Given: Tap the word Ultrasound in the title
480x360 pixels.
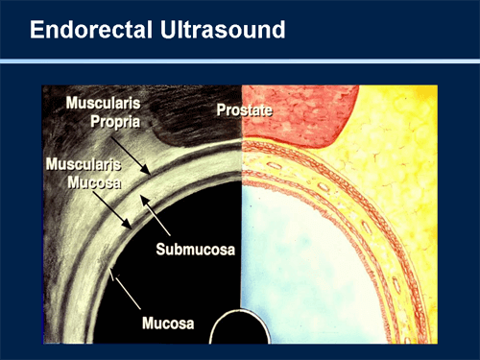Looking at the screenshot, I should [218, 31].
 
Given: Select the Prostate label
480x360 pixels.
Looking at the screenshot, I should [245, 111].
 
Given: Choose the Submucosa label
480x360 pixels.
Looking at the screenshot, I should [196, 251].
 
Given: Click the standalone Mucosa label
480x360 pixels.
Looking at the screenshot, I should [167, 324].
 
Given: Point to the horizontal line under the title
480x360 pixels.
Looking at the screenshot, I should [240, 61].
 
